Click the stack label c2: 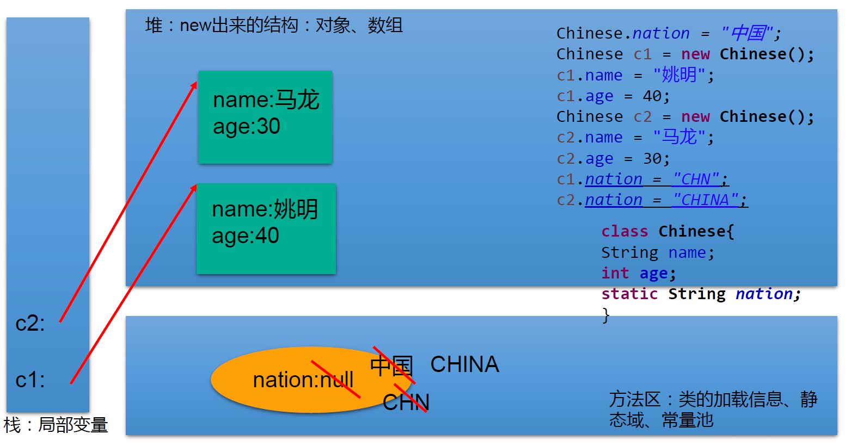[30, 324]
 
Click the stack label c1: [30, 380]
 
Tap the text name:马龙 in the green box [266, 100]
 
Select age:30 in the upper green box [246, 126]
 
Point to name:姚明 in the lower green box [265, 209]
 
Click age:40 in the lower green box [246, 236]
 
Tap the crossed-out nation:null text [303, 380]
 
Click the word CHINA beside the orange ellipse [464, 364]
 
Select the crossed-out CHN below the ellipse [406, 402]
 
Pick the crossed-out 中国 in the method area [391, 366]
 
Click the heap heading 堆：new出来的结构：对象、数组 [273, 26]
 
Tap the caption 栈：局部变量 [56, 425]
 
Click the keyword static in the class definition [629, 294]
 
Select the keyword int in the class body [615, 273]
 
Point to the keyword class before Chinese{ [625, 231]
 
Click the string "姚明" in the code [679, 75]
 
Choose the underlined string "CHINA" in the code [705, 200]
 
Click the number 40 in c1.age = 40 [652, 96]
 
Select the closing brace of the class [606, 315]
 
